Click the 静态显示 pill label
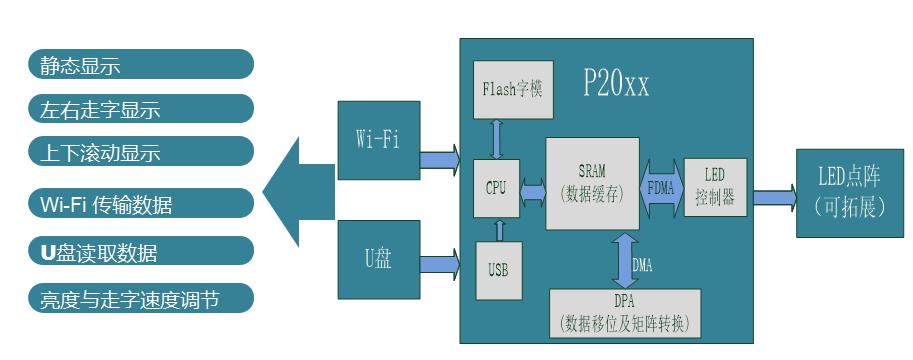click(x=140, y=65)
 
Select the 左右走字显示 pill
click(x=140, y=109)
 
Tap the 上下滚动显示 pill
click(x=140, y=152)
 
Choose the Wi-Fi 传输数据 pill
click(x=140, y=205)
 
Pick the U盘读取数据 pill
click(x=140, y=252)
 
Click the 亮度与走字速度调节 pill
click(x=140, y=298)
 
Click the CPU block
click(x=497, y=187)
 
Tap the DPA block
click(x=626, y=313)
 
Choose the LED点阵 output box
click(x=846, y=193)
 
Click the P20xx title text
click(x=616, y=85)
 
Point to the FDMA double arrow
click(x=660, y=185)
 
